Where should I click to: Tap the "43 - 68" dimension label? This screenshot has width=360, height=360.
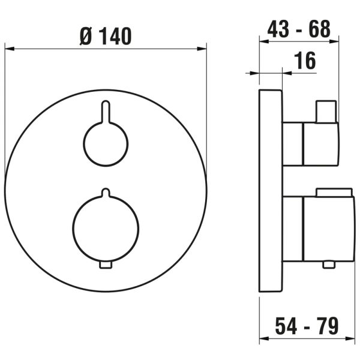point(298,29)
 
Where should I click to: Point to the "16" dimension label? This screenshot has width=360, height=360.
point(305,61)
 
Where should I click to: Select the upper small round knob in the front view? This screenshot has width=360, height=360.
point(106,144)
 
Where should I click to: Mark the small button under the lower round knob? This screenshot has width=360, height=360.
point(106,265)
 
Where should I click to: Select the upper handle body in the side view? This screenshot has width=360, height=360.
point(310,144)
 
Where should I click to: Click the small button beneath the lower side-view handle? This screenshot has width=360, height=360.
point(327,265)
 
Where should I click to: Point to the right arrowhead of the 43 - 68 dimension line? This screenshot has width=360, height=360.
point(335,42)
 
